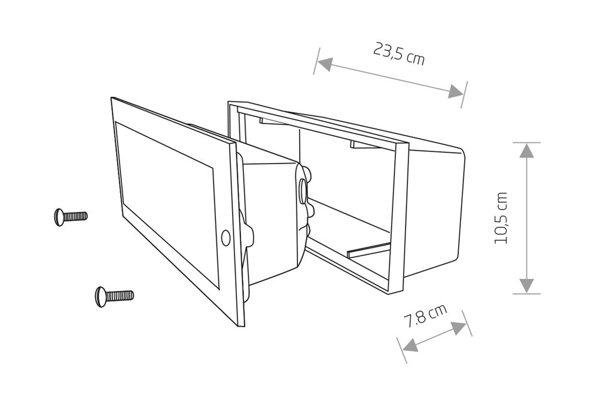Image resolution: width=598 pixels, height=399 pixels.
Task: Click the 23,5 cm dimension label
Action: tap(398, 54)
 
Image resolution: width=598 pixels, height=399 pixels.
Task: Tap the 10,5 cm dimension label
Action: tap(501, 218)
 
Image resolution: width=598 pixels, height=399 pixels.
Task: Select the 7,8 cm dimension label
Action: tap(425, 315)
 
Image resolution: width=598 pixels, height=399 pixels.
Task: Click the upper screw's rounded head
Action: tap(59, 217)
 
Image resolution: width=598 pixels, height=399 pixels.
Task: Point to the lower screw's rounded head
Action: tap(100, 296)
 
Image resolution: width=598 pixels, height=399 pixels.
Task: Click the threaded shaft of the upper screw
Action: tap(75, 217)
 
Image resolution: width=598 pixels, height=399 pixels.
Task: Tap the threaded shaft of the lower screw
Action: tap(119, 296)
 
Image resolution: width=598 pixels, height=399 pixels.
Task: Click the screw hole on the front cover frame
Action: tap(225, 237)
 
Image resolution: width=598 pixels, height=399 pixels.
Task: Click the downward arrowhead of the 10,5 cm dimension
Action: tap(527, 286)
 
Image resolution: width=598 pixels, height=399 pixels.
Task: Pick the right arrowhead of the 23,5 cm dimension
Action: tap(456, 91)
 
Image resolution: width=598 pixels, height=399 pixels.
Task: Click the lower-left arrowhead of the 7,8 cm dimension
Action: tap(410, 345)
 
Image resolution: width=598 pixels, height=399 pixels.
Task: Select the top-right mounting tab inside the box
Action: tap(364, 145)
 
